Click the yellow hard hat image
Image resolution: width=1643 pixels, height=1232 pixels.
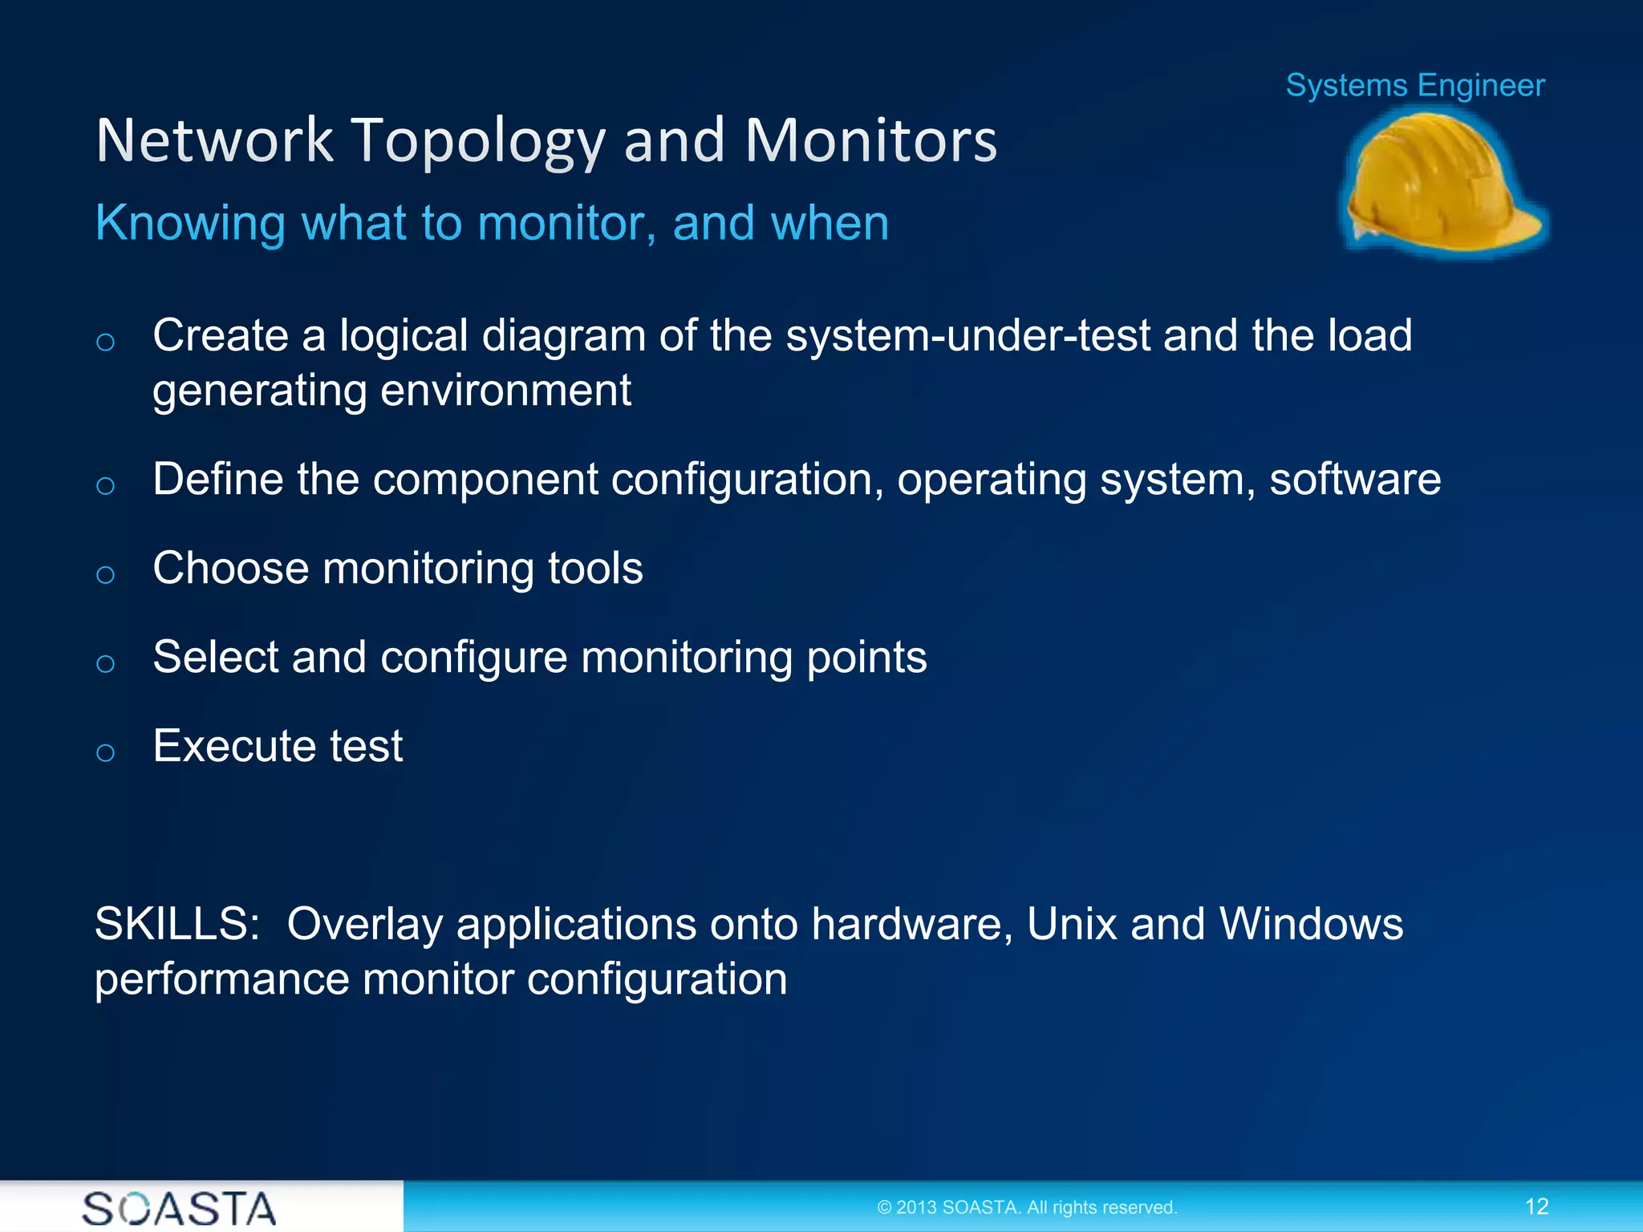click(1444, 183)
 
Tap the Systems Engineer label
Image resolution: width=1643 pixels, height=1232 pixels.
click(1415, 85)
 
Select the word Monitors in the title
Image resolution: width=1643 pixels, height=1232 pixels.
click(870, 140)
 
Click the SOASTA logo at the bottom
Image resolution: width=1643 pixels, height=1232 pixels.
click(179, 1208)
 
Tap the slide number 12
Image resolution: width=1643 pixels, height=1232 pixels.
click(1536, 1206)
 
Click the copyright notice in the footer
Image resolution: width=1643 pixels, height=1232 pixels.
click(1027, 1207)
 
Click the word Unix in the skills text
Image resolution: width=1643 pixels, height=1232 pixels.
click(1072, 924)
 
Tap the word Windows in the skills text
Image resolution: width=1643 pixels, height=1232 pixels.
click(1311, 924)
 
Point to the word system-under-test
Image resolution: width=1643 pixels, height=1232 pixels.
click(968, 335)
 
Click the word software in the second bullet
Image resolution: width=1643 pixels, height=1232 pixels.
click(1355, 480)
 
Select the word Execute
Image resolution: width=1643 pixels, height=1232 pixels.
click(233, 746)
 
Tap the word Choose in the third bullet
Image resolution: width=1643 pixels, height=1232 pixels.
click(231, 569)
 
